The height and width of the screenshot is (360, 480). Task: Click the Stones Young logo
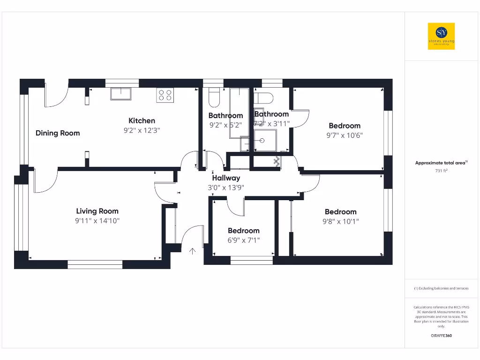point(441,36)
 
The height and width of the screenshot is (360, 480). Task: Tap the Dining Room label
point(58,133)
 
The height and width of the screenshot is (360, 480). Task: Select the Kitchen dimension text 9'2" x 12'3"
point(139,131)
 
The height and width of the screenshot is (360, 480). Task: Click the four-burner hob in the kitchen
point(165,95)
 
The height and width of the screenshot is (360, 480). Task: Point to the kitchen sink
point(121,93)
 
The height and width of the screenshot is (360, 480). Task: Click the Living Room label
point(97,211)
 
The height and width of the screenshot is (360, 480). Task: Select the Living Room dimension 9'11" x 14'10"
point(97,221)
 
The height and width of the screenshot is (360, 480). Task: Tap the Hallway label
point(226,178)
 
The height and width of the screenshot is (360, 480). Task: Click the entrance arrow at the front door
point(192,251)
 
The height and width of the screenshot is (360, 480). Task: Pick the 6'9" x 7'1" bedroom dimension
point(244,240)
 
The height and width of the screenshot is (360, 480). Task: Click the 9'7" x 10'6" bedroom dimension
point(345,135)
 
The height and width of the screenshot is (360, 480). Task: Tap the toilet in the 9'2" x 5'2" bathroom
point(214,97)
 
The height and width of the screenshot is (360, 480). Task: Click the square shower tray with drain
point(265,140)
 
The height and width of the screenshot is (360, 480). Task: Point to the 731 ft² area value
point(441,171)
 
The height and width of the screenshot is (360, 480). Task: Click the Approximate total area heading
point(441,163)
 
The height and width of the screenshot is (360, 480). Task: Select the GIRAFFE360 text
point(441,336)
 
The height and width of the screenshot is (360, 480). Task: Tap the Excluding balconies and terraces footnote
point(441,288)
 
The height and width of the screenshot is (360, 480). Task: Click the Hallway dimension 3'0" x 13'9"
point(226,187)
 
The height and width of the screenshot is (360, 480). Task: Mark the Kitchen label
point(142,121)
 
